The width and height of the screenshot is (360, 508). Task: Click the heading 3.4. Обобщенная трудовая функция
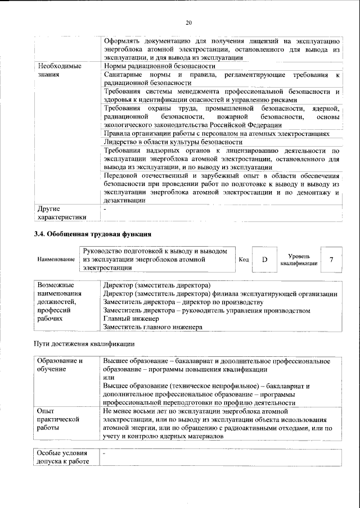(93, 233)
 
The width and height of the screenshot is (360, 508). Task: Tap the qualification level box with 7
(331, 260)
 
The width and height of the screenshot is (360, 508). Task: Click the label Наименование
(56, 260)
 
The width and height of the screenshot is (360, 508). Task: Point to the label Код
(244, 260)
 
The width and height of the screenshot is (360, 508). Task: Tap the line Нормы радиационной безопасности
(152, 66)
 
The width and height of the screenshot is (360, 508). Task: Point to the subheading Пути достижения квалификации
(84, 343)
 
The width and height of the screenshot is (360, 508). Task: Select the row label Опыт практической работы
(58, 419)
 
